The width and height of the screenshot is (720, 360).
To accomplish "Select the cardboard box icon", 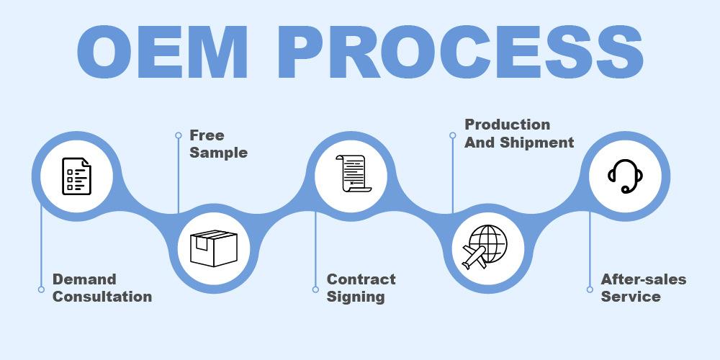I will [x=213, y=248].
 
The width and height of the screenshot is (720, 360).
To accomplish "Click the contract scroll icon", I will [x=351, y=175].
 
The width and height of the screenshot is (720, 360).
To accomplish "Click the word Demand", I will [x=84, y=279].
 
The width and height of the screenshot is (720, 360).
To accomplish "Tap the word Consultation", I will [x=102, y=297].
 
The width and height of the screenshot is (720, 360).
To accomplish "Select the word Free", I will [x=207, y=135].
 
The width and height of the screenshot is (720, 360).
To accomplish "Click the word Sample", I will [x=218, y=153].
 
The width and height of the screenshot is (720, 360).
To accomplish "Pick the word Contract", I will [x=361, y=279].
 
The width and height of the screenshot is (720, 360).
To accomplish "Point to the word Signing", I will [x=356, y=297].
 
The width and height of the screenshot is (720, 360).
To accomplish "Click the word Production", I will [x=507, y=125].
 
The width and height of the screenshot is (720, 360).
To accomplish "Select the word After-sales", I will [x=644, y=279].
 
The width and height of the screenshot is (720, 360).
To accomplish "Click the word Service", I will [x=631, y=297].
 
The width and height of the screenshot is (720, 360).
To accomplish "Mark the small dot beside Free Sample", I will [x=178, y=135].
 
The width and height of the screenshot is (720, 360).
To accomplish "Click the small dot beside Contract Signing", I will [x=315, y=289].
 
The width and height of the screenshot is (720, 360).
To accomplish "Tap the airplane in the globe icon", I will [x=474, y=256].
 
